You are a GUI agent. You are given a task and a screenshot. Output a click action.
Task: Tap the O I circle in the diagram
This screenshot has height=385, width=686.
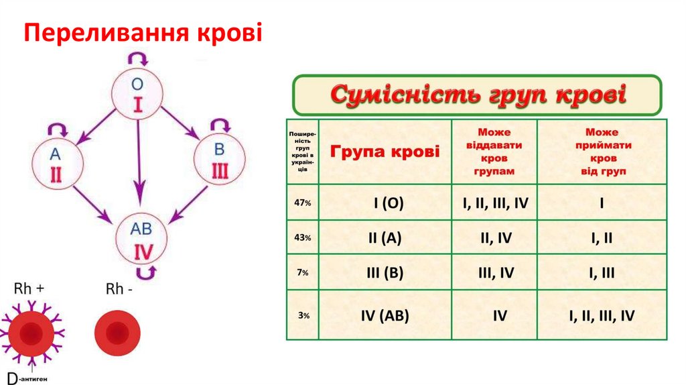(137, 95)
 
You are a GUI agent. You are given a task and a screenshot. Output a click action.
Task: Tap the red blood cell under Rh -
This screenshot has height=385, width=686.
(117, 331)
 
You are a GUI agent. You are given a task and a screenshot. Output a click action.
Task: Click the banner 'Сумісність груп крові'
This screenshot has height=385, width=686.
(477, 95)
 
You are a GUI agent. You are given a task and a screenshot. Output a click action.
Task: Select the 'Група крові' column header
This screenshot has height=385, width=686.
(386, 152)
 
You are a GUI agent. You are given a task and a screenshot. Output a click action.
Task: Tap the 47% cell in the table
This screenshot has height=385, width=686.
(303, 203)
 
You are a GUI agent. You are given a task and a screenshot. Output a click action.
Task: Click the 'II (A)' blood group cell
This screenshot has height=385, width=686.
(386, 237)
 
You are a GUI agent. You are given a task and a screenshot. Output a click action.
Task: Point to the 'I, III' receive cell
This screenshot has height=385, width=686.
(602, 272)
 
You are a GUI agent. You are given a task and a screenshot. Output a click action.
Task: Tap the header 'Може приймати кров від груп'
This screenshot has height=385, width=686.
(602, 152)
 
